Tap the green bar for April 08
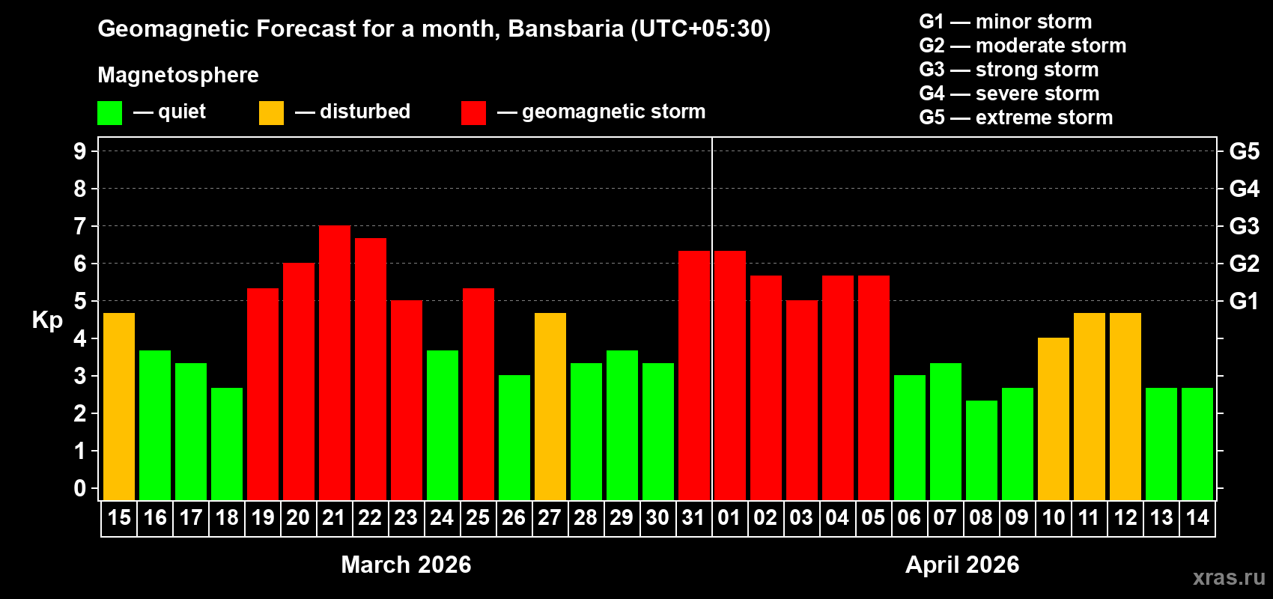pos(981,450)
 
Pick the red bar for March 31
pos(693,375)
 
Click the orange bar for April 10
pos(1053,419)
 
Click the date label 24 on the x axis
pos(442,518)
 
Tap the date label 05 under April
pos(873,518)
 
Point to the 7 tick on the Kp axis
pos(80,226)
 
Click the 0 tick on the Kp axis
pos(80,488)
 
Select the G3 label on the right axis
pos(1244,226)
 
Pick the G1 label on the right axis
pos(1244,301)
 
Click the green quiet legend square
pos(109,113)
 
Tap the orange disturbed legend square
pos(271,113)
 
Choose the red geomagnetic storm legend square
pos(473,113)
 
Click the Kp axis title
pos(47,320)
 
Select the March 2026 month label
pos(406,565)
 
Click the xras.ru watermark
pos(1229,577)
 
